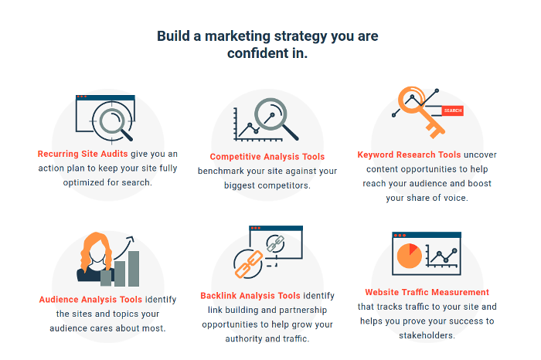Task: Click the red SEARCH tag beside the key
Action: (x=452, y=110)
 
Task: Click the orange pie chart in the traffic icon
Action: (x=409, y=256)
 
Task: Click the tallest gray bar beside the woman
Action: (x=134, y=269)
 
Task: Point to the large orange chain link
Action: (x=248, y=264)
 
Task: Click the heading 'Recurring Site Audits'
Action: (x=83, y=154)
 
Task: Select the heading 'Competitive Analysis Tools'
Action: (x=267, y=157)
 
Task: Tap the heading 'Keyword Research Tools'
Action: (x=409, y=155)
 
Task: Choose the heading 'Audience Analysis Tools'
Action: (x=90, y=299)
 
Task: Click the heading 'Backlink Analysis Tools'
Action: (x=250, y=296)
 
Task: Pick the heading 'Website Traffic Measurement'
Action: (x=427, y=292)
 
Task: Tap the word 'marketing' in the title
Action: (x=238, y=36)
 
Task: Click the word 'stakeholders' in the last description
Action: (x=426, y=335)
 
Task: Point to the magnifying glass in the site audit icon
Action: (x=113, y=121)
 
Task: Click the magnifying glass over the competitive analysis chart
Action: (x=275, y=117)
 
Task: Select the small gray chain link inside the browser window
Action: (x=275, y=243)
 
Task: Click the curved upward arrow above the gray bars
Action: (x=124, y=247)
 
